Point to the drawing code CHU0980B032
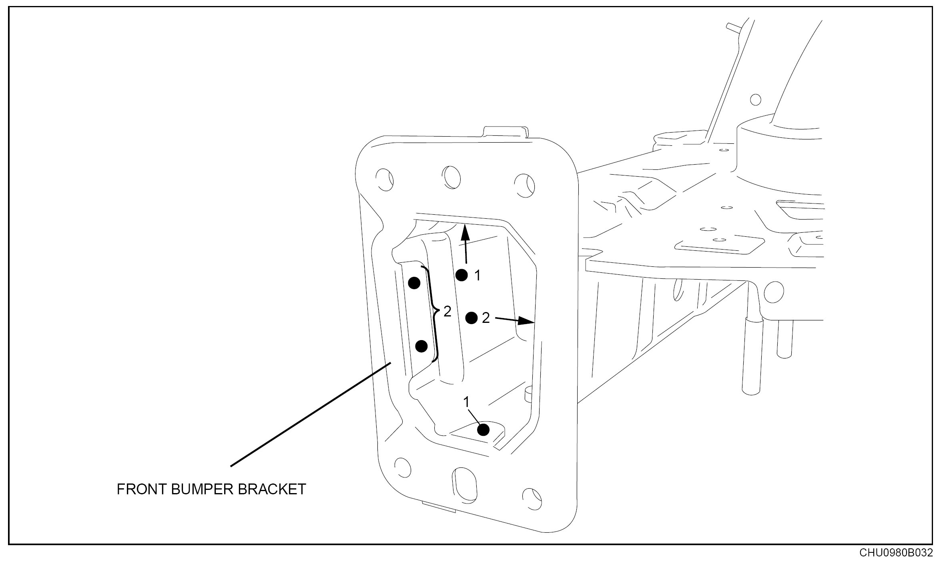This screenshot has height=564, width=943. tap(895, 553)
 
